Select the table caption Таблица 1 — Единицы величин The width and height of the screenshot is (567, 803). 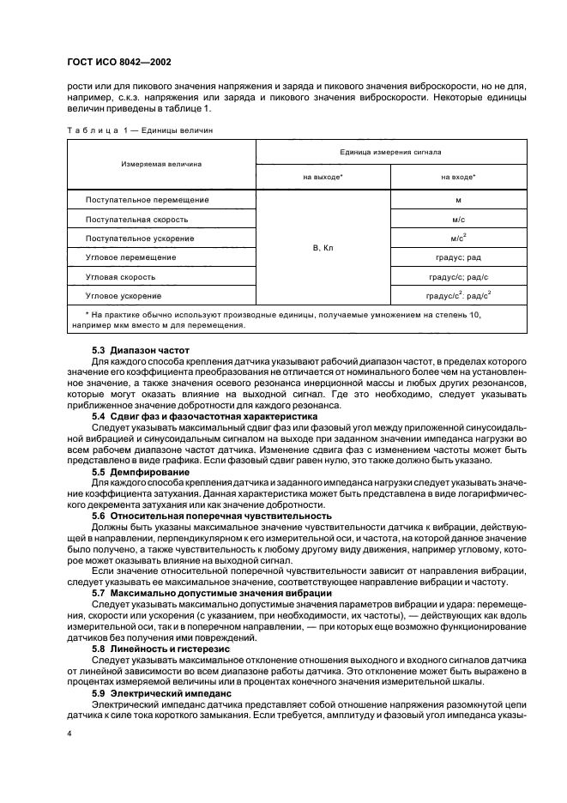139,130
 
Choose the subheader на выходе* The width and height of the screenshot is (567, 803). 323,177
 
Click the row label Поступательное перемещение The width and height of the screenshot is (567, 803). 148,200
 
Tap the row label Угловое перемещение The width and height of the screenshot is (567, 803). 131,257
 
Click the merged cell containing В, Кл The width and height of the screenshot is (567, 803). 323,248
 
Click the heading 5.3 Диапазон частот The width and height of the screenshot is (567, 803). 141,352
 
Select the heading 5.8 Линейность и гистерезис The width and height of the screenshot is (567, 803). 163,649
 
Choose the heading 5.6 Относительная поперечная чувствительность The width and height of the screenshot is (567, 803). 211,516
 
